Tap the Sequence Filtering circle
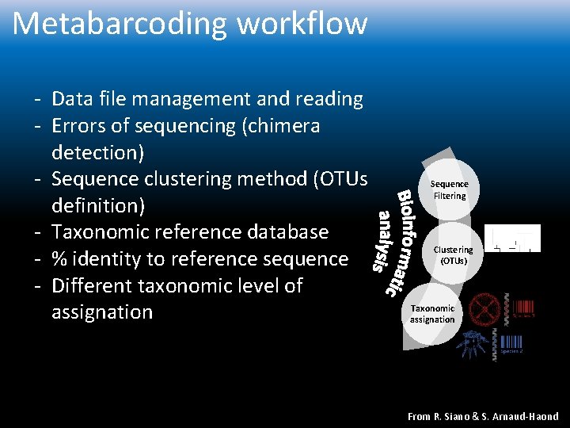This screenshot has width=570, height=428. click(449, 190)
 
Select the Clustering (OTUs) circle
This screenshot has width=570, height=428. click(453, 254)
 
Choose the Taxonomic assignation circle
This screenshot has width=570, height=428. click(432, 314)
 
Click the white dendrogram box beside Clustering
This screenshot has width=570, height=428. click(511, 238)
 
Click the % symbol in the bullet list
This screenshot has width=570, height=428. click(59, 259)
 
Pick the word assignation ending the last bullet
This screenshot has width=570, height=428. click(101, 312)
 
